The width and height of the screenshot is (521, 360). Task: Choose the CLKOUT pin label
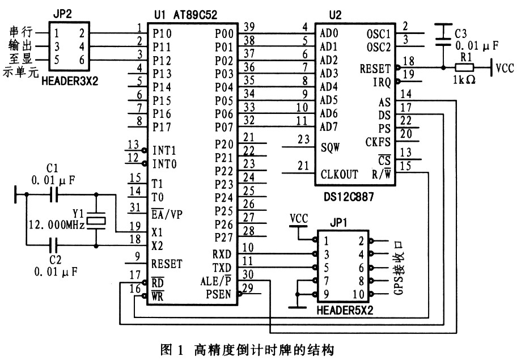point(340,173)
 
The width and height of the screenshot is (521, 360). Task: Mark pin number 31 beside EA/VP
point(134,208)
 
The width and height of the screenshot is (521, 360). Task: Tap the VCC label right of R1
point(505,68)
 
